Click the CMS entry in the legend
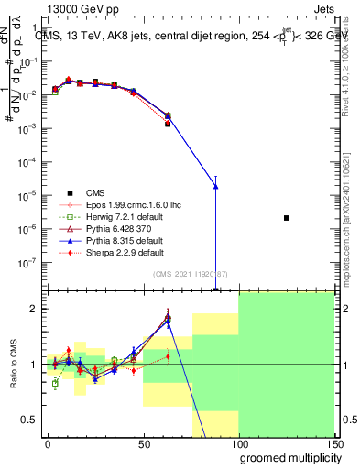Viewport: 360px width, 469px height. [94, 192]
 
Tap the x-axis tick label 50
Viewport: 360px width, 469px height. [143, 443]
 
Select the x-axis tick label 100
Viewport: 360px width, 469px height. [238, 443]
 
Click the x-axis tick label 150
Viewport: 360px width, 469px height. [333, 443]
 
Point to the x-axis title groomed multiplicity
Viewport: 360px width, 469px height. [286, 457]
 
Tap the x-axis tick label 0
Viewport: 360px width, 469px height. [48, 443]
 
